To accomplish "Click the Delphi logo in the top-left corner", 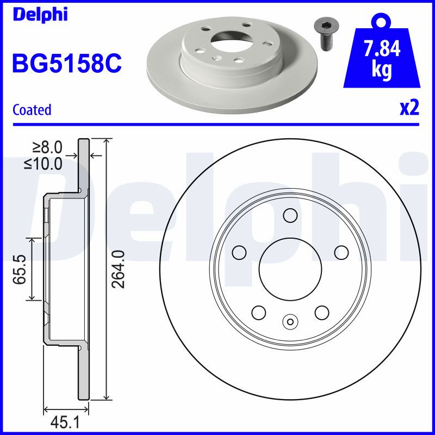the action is (x=40, y=15).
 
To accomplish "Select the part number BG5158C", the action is (x=67, y=63).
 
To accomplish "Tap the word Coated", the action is (x=32, y=110).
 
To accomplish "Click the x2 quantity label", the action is (x=409, y=108).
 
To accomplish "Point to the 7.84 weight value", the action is (x=382, y=48).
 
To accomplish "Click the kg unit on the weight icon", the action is (x=382, y=70).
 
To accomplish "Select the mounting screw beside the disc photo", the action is (x=325, y=35).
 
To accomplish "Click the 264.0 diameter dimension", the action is (x=118, y=269).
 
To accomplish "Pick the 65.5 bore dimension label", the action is (x=20, y=269).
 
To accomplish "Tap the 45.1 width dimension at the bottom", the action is (x=65, y=422).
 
